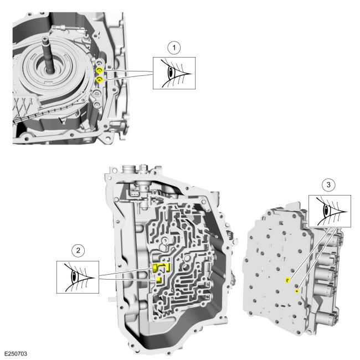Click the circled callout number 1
click(x=175, y=48)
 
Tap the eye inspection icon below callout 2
click(x=78, y=276)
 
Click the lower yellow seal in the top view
click(x=100, y=81)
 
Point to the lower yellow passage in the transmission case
click(x=158, y=280)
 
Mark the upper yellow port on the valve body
click(x=287, y=280)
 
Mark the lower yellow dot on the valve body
click(x=297, y=290)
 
